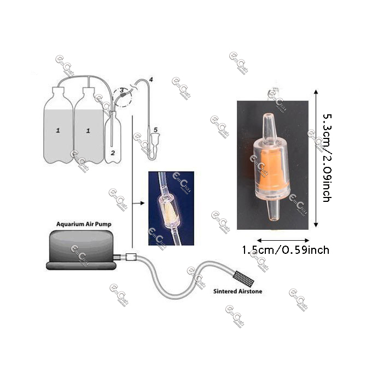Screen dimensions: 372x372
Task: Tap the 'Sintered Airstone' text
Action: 237,292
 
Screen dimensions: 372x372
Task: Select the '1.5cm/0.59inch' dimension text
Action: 286,250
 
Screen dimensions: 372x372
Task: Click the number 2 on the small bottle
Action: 112,153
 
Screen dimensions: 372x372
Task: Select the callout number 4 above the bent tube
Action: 151,80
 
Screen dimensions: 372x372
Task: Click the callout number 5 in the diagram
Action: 156,130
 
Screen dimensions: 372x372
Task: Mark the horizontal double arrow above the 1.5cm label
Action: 284,240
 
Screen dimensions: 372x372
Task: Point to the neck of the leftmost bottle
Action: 59,91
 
